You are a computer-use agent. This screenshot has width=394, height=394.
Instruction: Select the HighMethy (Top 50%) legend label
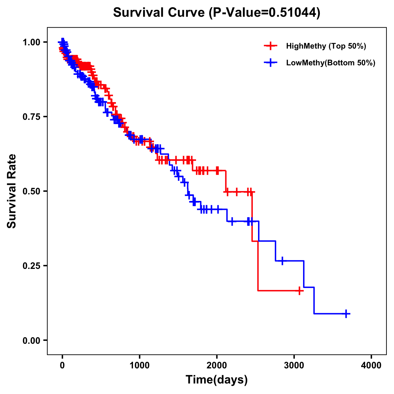pos(326,46)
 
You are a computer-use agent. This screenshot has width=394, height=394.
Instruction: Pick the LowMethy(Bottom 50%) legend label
pos(331,63)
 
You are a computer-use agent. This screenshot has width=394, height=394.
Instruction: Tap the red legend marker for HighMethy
pos(271,46)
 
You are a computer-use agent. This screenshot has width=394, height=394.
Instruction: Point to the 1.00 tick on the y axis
pos(31,42)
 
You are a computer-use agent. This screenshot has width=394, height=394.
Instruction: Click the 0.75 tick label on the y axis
pos(31,117)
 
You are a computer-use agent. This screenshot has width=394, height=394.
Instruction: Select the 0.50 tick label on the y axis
pos(31,191)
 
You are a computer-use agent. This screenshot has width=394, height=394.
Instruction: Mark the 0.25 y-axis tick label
pos(31,266)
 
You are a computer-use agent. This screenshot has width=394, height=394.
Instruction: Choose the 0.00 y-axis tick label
pos(31,340)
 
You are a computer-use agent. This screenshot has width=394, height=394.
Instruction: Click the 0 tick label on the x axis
pos(62,365)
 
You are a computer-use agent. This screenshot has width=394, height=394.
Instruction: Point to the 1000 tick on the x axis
pos(140,365)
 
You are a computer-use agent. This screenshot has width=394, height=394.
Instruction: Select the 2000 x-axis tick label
pos(217,365)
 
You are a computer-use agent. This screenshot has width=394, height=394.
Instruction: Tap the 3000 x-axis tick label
pos(294,365)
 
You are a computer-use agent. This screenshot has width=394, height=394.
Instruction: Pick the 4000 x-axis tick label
pos(371,365)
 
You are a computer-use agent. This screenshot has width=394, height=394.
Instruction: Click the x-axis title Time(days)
pos(217,380)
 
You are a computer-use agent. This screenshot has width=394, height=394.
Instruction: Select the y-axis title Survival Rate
pos(12,191)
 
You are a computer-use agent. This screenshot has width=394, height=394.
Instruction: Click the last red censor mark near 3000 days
pos(299,291)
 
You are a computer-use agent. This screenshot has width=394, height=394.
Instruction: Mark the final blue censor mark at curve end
pos(346,314)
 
